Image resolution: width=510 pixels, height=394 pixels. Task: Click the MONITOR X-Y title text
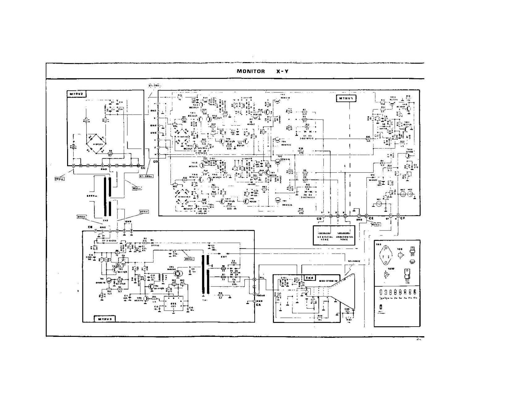[263, 71]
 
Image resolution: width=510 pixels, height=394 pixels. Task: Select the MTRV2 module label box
[75, 94]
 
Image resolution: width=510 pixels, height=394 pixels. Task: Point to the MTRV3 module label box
[104, 319]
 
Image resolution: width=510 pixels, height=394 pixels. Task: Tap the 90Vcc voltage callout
[376, 224]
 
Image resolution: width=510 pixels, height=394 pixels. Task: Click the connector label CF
[402, 218]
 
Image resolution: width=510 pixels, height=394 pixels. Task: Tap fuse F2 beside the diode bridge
[110, 154]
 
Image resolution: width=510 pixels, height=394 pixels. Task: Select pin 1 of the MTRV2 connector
[73, 166]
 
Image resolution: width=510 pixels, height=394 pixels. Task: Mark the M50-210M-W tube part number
[326, 278]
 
